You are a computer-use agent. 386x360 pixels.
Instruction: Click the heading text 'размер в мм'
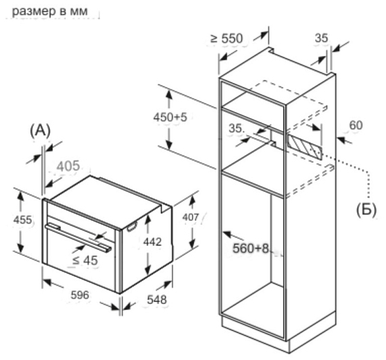(x=50, y=12)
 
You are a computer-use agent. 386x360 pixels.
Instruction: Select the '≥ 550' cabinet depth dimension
(x=226, y=39)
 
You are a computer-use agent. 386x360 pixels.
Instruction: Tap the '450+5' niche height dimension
(x=170, y=117)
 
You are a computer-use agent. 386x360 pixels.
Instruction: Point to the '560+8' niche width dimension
(x=251, y=248)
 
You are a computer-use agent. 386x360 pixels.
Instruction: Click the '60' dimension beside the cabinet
(x=356, y=125)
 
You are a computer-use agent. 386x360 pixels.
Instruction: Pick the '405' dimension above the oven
(x=68, y=166)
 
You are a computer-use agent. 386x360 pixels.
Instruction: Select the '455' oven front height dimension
(x=22, y=220)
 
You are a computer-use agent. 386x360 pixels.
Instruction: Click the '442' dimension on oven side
(x=152, y=242)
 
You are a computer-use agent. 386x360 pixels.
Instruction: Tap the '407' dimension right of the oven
(x=190, y=217)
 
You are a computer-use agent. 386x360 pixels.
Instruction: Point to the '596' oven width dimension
(x=80, y=295)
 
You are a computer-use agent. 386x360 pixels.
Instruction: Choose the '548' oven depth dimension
(x=157, y=300)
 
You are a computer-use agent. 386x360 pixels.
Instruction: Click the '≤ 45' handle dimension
(x=85, y=261)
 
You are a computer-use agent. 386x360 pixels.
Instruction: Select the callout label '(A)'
(x=40, y=131)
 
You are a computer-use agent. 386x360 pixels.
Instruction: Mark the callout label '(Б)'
(x=366, y=210)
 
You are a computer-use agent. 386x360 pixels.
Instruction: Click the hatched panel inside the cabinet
(x=304, y=147)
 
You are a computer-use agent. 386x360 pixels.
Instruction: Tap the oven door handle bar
(x=78, y=237)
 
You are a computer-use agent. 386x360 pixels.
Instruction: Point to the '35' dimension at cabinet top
(x=321, y=38)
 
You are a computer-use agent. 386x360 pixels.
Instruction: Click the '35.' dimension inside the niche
(x=236, y=129)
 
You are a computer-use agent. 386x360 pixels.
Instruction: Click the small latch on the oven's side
(x=132, y=226)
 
